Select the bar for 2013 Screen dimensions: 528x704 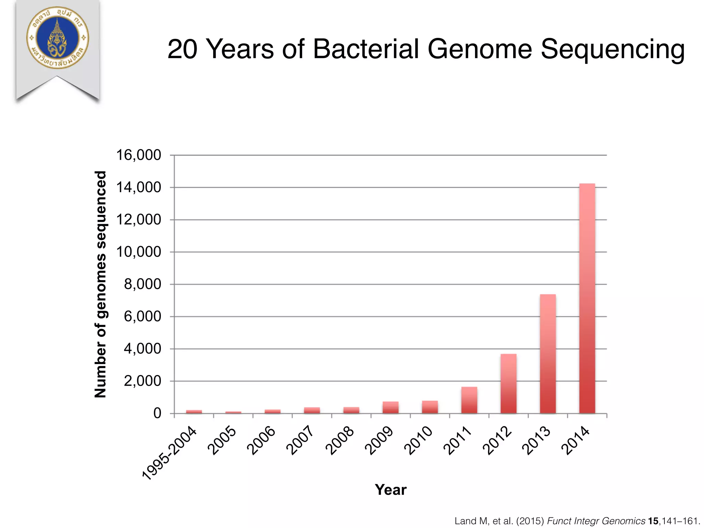coord(548,354)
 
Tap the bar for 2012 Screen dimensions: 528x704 coord(508,384)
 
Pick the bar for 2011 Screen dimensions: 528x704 coord(469,400)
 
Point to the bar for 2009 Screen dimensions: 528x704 coord(390,407)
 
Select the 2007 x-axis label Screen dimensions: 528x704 coord(300,440)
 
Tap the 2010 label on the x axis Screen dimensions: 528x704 coord(418,440)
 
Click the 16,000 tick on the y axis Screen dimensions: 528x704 coord(139,155)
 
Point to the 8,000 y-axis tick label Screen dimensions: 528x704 coord(142,284)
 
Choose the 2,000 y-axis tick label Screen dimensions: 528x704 coord(142,381)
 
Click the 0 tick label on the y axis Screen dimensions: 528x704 coord(157,413)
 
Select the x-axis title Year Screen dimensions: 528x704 coord(390,489)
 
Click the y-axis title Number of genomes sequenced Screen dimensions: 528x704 coord(101,284)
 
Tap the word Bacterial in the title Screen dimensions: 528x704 coord(366,49)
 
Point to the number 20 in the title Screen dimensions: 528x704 coord(182,49)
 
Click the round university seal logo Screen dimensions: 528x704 coord(57,38)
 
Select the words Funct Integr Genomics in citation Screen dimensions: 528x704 coord(596,521)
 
